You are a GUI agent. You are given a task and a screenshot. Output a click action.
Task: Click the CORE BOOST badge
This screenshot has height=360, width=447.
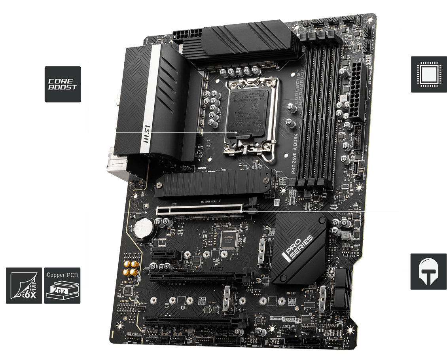tap(63, 84)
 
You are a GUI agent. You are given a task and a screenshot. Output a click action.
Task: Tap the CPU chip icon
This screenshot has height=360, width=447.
tap(428, 74)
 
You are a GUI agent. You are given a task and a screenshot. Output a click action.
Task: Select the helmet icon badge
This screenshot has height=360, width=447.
tap(428, 272)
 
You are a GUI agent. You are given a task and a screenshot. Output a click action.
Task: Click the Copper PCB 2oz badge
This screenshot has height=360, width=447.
tap(62, 285)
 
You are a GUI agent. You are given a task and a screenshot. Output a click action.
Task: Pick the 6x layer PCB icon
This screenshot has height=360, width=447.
tap(24, 285)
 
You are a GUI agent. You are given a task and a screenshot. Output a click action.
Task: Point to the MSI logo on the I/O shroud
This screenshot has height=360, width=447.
tap(146, 131)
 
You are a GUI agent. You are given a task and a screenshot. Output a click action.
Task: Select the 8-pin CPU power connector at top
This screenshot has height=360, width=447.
tap(186, 35)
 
